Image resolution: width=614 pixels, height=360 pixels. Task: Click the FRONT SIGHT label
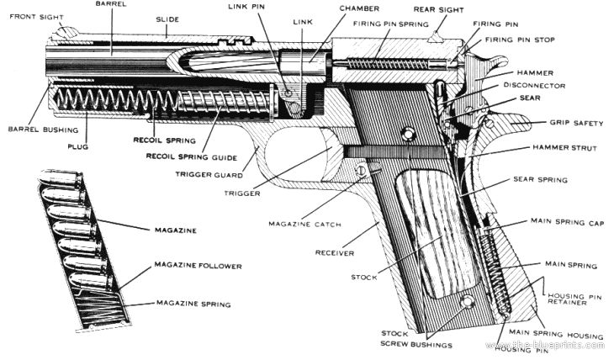click(x=36, y=17)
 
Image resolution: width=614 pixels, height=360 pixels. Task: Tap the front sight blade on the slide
click(x=67, y=32)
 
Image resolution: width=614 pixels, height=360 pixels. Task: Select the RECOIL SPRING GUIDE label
click(x=192, y=157)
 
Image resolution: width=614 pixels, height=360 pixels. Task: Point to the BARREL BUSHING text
click(x=43, y=130)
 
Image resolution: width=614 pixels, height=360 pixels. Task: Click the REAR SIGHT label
click(x=438, y=10)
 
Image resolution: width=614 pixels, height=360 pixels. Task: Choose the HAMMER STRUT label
click(x=564, y=148)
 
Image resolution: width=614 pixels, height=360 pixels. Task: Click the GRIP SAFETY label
click(x=576, y=123)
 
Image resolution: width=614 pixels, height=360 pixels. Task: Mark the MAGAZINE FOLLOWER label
click(x=198, y=266)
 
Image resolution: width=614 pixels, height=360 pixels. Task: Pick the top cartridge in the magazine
click(x=61, y=177)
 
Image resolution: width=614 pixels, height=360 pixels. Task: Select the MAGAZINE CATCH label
click(x=304, y=224)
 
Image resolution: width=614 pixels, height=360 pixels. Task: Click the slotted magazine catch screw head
click(x=362, y=170)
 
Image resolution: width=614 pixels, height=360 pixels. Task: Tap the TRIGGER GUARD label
click(x=209, y=175)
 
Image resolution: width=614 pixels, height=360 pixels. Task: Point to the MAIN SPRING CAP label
click(x=568, y=222)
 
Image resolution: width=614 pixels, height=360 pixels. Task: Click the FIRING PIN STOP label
click(x=520, y=40)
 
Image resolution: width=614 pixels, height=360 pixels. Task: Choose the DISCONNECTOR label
click(x=534, y=85)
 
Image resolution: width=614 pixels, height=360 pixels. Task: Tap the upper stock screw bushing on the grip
click(x=409, y=135)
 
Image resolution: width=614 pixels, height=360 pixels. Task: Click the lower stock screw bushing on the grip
click(x=467, y=302)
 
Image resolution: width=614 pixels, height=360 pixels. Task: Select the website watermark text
click(x=545, y=345)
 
